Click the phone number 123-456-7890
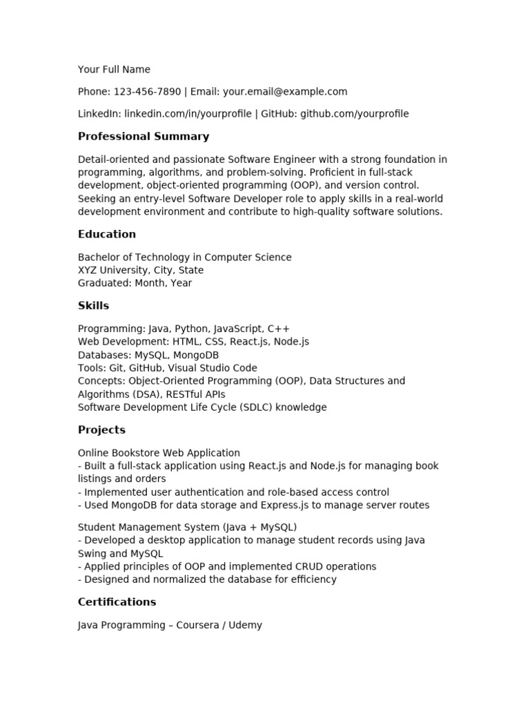[147, 92]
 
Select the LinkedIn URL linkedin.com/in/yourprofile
[188, 114]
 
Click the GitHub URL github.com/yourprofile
[355, 114]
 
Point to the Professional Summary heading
[144, 137]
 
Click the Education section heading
[107, 234]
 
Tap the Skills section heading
[93, 306]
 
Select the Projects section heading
[101, 430]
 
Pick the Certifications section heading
[117, 602]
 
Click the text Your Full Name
[114, 70]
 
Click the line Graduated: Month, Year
[135, 283]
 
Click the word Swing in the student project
[93, 554]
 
